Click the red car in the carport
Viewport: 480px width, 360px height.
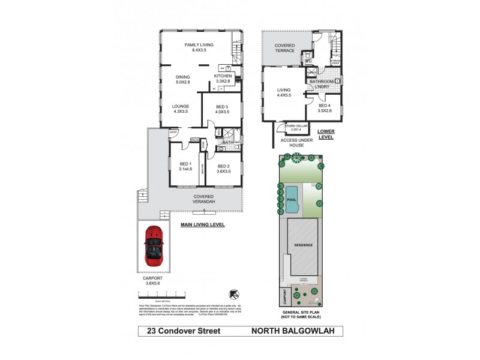click(x=154, y=246)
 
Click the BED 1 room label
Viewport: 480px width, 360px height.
click(x=185, y=166)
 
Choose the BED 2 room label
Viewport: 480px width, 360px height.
click(x=224, y=166)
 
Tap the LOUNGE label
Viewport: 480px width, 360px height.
click(x=181, y=108)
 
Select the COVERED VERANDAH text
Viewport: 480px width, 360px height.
click(x=204, y=199)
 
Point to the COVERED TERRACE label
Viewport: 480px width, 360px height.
click(x=284, y=47)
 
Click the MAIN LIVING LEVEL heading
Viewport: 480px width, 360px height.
click(x=203, y=224)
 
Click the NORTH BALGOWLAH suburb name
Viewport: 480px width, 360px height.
click(x=289, y=331)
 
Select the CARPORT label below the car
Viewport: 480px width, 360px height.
click(x=154, y=280)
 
